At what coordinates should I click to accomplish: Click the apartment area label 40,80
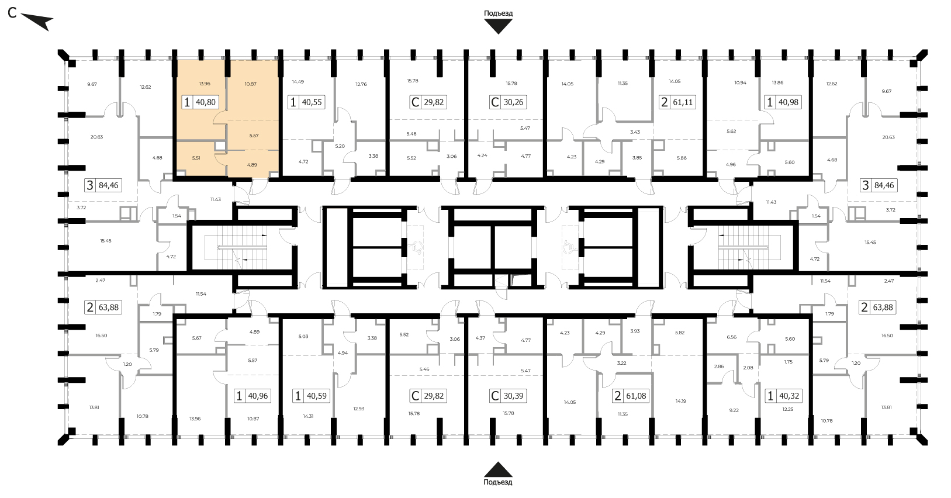(206, 102)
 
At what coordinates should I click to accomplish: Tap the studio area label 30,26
(514, 102)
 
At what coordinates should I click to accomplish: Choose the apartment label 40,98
(789, 102)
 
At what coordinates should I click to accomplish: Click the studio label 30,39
(514, 396)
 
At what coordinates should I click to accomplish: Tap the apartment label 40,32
(789, 396)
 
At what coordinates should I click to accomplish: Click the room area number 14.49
(298, 82)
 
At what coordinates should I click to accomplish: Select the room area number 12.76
(361, 84)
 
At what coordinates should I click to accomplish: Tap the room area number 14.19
(680, 401)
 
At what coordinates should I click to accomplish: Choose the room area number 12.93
(359, 408)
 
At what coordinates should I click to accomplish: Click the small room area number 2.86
(718, 366)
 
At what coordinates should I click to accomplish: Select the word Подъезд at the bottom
(498, 482)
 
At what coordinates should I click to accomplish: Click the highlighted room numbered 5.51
(196, 158)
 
